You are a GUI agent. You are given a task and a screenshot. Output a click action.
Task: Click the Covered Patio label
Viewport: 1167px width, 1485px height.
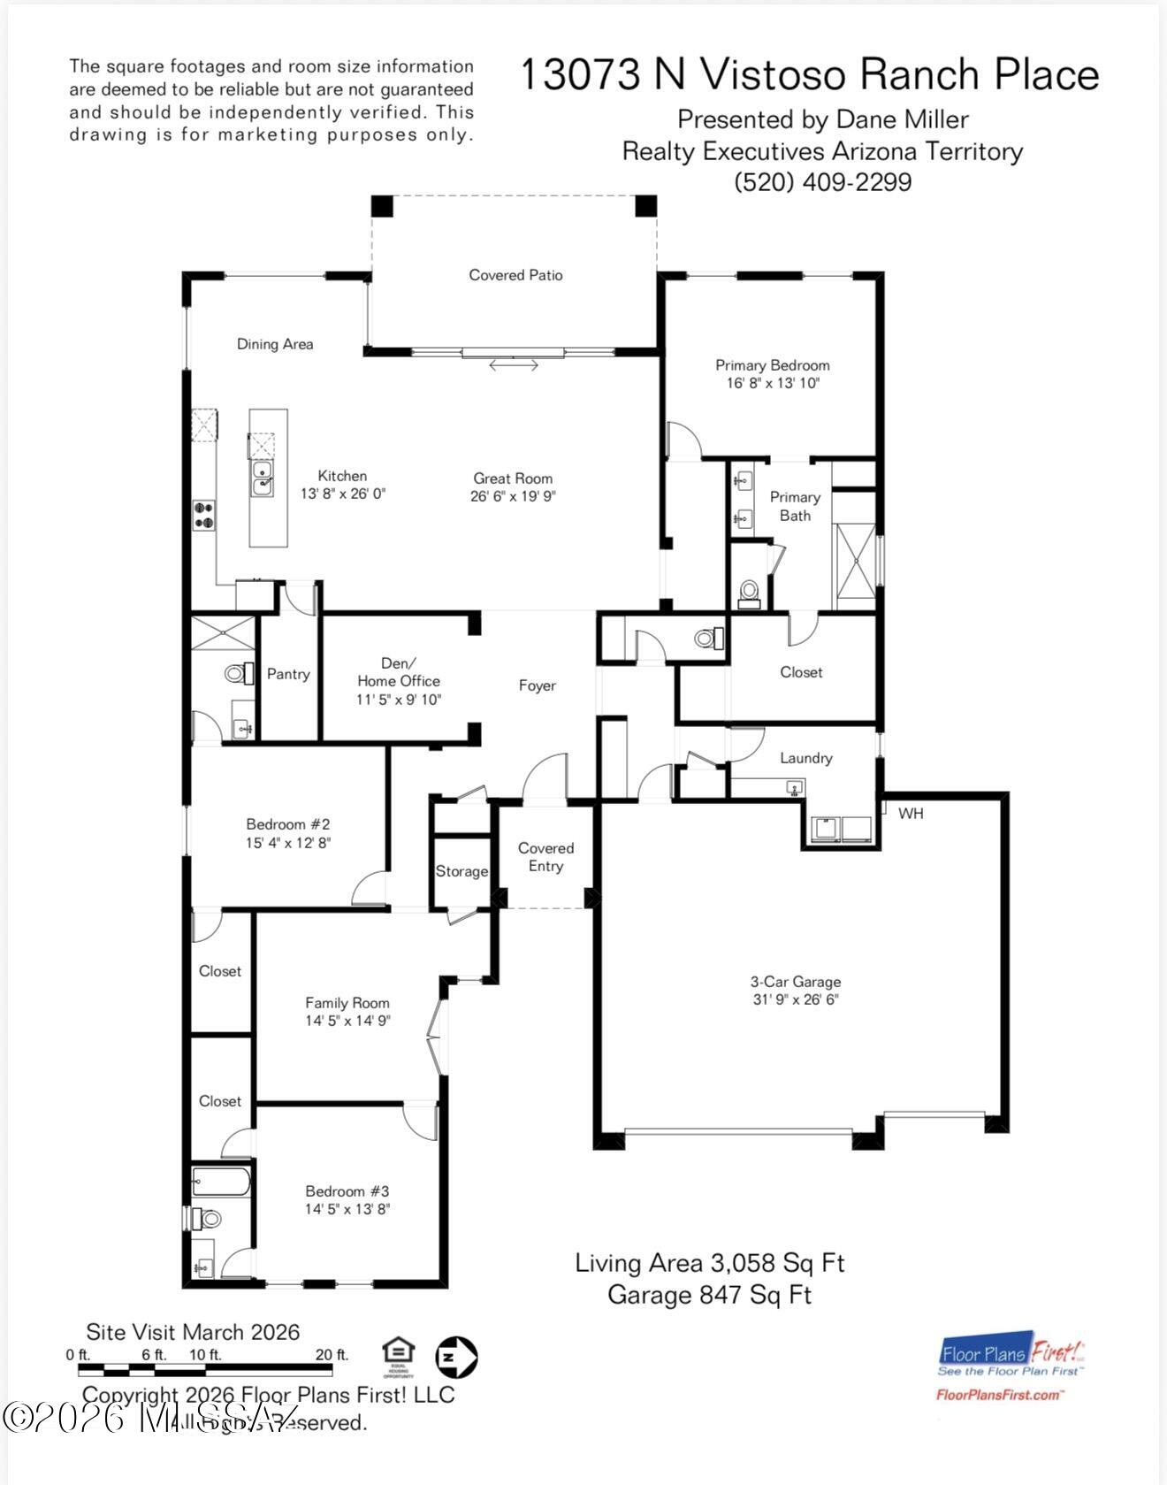coord(515,275)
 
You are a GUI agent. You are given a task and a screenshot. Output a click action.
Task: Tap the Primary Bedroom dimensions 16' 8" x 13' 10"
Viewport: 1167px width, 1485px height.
coord(772,384)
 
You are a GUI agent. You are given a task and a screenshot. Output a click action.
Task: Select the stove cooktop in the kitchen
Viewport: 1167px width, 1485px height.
coord(204,515)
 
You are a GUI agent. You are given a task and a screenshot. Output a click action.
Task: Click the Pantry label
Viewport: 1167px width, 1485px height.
coord(288,674)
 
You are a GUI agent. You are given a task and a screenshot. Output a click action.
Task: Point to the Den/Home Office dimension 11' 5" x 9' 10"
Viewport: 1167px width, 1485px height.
coord(398,700)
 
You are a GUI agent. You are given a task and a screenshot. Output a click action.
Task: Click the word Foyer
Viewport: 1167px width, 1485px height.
coord(537,685)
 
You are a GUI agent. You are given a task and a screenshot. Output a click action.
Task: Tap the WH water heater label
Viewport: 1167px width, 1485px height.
coord(911,813)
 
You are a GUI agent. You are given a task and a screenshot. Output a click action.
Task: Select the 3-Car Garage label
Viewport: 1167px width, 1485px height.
coord(795,982)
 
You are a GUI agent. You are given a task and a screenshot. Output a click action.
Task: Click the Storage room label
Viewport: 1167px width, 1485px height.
coord(461,871)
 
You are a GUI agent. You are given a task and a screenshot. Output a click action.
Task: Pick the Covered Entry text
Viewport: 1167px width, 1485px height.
coord(545,857)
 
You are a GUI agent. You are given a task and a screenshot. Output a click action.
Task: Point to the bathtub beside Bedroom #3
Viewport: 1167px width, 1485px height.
coord(221,1182)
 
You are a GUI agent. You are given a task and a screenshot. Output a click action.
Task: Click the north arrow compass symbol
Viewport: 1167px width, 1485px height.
coord(456,1356)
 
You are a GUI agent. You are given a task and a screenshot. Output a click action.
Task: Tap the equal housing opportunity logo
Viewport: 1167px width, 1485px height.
coord(399,1356)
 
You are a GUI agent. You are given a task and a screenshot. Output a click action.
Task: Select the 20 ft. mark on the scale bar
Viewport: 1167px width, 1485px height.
coord(332,1355)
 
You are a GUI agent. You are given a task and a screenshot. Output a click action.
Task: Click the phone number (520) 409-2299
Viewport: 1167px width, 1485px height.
coord(822,182)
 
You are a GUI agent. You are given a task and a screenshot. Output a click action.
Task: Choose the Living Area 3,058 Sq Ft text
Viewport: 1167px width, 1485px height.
coord(709,1262)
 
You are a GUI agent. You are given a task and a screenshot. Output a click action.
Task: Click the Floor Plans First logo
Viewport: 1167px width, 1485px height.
coord(1011,1367)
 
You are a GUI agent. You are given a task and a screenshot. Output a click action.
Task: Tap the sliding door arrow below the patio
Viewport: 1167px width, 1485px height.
coord(514,364)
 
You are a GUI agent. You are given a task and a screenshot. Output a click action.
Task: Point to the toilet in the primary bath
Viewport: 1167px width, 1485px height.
coord(749,592)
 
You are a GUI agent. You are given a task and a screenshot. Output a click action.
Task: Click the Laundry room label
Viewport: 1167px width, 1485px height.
coord(805,758)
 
